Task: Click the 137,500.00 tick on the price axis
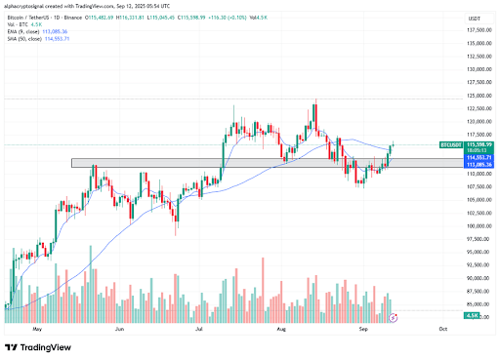(x=479, y=30)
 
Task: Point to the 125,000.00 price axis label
(x=479, y=96)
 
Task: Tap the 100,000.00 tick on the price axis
(x=479, y=225)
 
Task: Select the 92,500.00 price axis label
(x=479, y=264)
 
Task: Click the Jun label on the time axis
(x=118, y=330)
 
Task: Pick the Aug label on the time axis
(x=281, y=330)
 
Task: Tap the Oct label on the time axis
(x=442, y=330)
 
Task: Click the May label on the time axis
(x=38, y=330)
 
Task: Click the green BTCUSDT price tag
(x=451, y=143)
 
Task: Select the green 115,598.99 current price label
(x=479, y=143)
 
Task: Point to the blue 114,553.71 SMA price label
(x=479, y=156)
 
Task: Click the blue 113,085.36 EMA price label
(x=479, y=163)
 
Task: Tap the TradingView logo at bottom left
(x=38, y=347)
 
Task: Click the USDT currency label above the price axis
(x=476, y=18)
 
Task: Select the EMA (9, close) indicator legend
(x=33, y=29)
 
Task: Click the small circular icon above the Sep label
(x=393, y=318)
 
